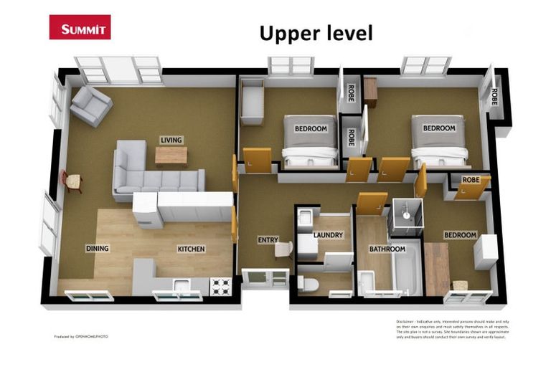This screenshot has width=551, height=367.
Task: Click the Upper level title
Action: (x=316, y=33)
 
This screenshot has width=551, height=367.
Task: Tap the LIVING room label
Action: (x=171, y=140)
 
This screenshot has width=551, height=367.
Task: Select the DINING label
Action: (x=98, y=249)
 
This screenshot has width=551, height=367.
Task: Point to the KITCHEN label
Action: (x=192, y=249)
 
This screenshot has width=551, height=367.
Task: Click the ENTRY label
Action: (x=268, y=239)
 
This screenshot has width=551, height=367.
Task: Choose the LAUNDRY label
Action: (x=329, y=234)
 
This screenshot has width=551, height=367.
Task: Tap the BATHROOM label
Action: (x=387, y=249)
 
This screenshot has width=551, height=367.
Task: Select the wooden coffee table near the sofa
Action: (x=171, y=155)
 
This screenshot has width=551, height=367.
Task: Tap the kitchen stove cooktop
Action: (x=220, y=286)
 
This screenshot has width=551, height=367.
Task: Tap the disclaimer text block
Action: (x=450, y=330)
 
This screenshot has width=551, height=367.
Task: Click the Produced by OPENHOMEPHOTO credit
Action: (x=81, y=336)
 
